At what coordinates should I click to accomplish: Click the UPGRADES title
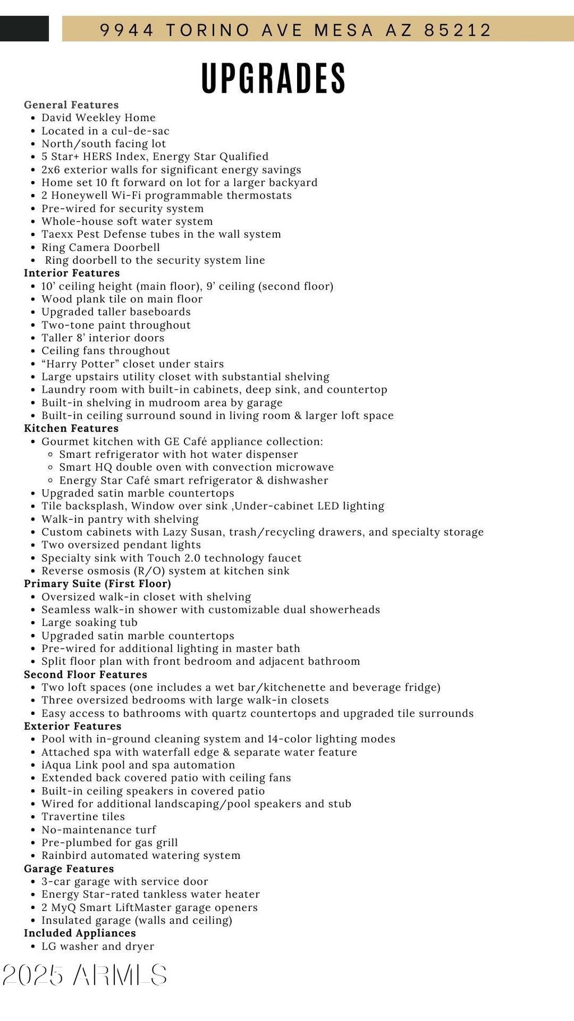(274, 79)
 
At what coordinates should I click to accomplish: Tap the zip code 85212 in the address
(458, 30)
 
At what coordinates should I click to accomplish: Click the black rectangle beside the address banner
(24, 29)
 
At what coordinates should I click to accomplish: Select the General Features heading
(71, 105)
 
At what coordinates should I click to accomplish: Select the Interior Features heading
(72, 273)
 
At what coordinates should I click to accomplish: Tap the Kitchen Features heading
(71, 429)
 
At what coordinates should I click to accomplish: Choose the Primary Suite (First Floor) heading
(98, 583)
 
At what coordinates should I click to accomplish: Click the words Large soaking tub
(89, 623)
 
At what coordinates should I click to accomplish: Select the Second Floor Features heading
(85, 674)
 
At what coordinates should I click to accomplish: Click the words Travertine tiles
(83, 817)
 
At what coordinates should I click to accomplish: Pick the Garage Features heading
(68, 868)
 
